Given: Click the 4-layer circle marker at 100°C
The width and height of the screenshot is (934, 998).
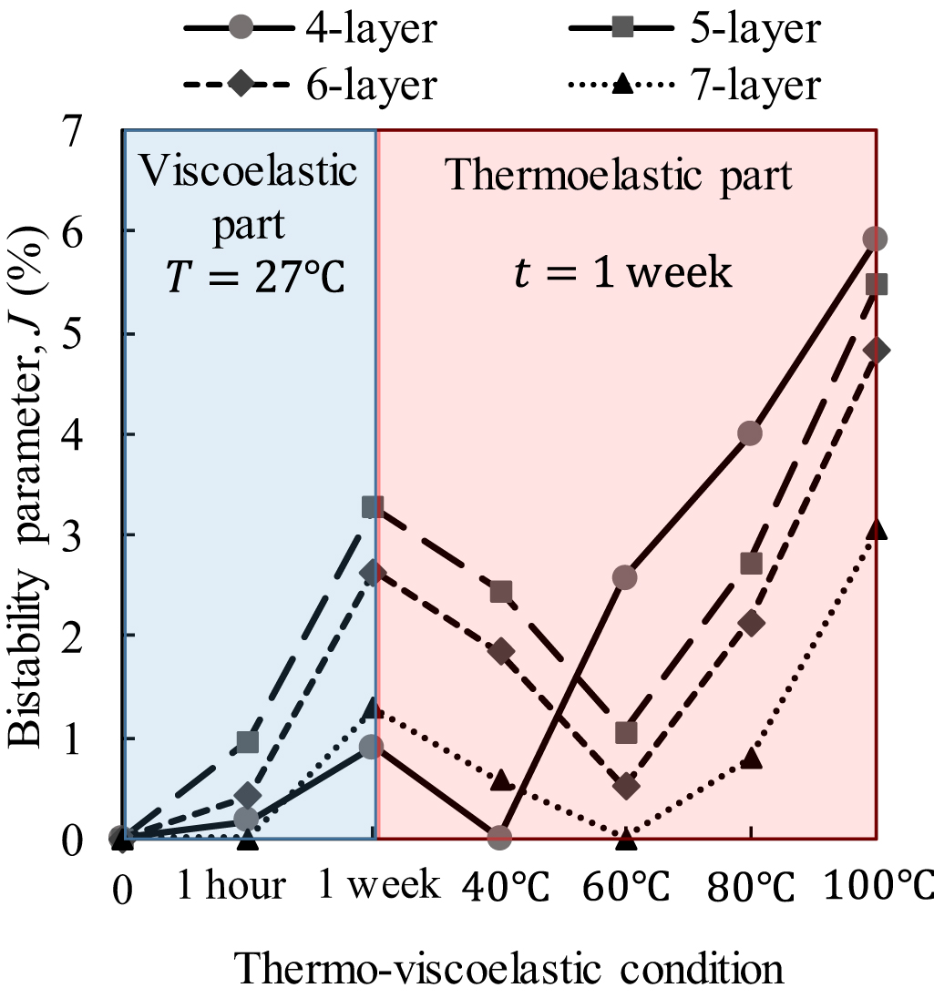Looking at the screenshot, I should coord(875,239).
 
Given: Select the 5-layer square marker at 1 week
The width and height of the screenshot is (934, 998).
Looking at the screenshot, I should coord(373,506).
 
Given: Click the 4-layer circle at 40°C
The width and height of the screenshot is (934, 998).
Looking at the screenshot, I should coord(499,836).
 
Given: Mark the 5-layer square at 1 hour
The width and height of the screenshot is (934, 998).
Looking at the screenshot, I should coord(247,741).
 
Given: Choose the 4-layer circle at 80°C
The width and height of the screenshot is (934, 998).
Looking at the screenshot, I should coord(750,433).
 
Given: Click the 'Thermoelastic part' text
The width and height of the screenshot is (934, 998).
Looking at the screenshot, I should coord(620,176).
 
